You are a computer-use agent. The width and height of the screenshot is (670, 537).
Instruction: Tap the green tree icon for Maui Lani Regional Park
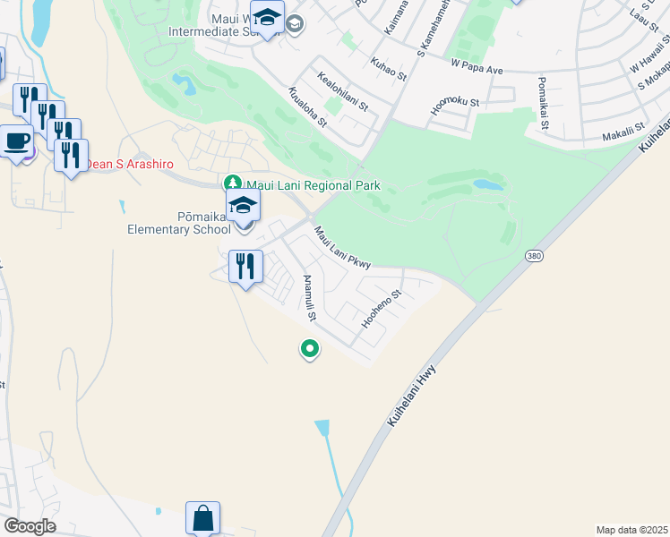tap(232, 185)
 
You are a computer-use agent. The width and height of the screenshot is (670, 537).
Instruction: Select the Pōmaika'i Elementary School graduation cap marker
tap(243, 206)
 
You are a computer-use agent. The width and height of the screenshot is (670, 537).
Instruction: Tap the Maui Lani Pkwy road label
tap(341, 247)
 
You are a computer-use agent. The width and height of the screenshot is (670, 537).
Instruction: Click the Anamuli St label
tap(310, 298)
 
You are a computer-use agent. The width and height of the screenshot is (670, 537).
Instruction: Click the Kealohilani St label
tap(341, 92)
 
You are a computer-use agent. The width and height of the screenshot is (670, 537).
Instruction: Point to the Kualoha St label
tap(306, 108)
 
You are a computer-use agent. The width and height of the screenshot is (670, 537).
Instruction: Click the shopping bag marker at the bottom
tap(202, 518)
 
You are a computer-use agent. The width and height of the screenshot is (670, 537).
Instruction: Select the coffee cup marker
tap(16, 140)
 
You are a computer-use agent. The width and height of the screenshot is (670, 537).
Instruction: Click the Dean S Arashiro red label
tap(129, 164)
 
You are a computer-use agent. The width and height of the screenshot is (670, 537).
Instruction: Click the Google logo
tap(29, 526)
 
